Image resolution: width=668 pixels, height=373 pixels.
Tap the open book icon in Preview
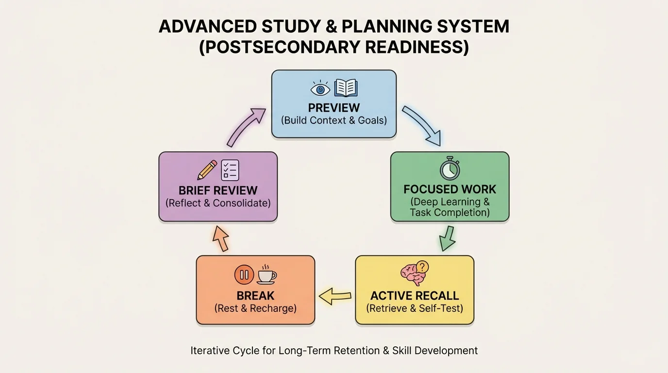346,88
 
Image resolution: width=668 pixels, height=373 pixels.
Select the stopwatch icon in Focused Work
450,169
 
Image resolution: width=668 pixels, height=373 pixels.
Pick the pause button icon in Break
244,274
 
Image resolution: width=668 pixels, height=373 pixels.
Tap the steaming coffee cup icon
267,274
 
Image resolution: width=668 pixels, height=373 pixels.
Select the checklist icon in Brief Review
230,170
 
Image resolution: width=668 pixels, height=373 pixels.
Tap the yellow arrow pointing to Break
335,295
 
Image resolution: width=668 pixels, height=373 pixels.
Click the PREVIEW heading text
334,107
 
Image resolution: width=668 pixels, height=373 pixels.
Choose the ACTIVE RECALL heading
414,296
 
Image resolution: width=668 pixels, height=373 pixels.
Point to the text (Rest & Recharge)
255,308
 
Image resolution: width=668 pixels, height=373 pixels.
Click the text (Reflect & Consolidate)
218,203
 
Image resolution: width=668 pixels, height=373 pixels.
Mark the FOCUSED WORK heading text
450,189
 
